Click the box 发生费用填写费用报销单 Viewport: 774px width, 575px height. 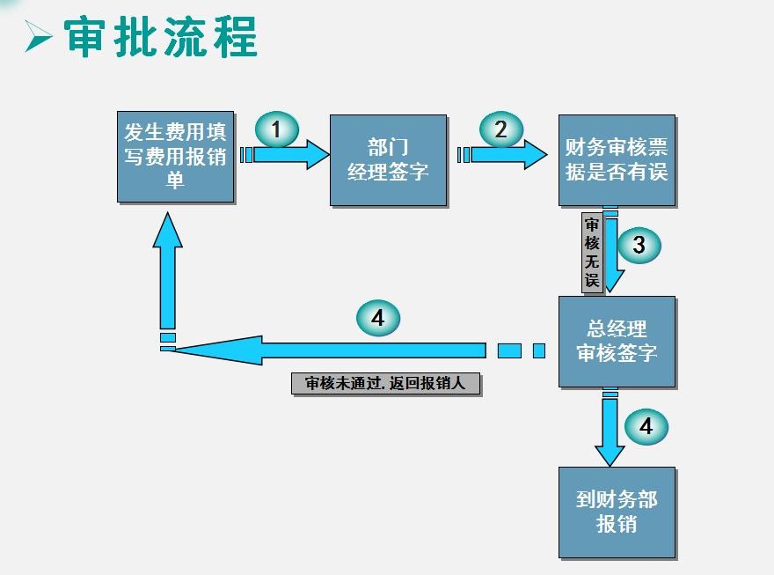tap(176, 157)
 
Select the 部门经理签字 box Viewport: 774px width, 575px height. tap(389, 159)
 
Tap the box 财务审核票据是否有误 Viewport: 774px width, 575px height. tap(617, 159)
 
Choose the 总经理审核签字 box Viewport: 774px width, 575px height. tap(617, 341)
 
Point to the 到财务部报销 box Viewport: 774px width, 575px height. tap(617, 512)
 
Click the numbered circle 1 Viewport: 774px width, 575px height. tap(276, 131)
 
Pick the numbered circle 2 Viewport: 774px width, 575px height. tap(500, 130)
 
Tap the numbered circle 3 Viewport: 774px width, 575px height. tap(639, 245)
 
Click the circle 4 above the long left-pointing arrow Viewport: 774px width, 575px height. tap(378, 318)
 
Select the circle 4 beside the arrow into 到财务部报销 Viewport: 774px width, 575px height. tap(646, 427)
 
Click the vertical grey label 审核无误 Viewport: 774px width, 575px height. tap(592, 253)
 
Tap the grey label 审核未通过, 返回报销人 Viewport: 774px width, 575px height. tap(386, 384)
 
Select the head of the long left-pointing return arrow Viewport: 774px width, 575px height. tap(211, 350)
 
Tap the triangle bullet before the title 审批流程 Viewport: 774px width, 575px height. tap(39, 38)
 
